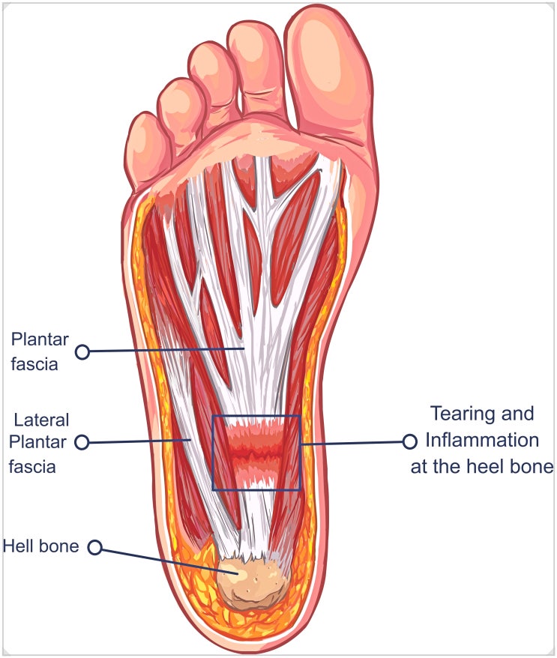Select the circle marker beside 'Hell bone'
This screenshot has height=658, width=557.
95,547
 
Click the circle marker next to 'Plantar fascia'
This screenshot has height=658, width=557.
82,351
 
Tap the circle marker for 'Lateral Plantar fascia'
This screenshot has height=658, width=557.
82,442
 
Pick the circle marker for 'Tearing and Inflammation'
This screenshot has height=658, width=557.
409,441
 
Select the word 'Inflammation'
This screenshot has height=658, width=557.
482,440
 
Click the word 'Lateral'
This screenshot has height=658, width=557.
41,420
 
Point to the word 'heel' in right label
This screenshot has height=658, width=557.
488,466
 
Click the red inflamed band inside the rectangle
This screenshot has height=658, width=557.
256,453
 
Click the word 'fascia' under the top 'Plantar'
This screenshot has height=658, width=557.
34,363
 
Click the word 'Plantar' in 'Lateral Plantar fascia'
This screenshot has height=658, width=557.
37,442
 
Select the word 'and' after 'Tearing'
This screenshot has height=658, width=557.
517,414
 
